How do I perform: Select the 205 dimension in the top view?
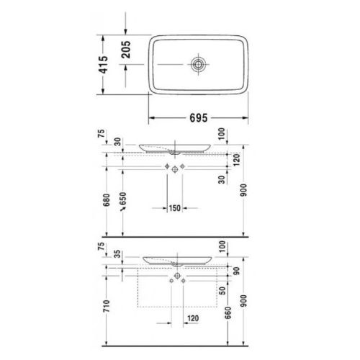(126, 50)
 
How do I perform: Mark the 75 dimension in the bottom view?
(103, 248)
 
